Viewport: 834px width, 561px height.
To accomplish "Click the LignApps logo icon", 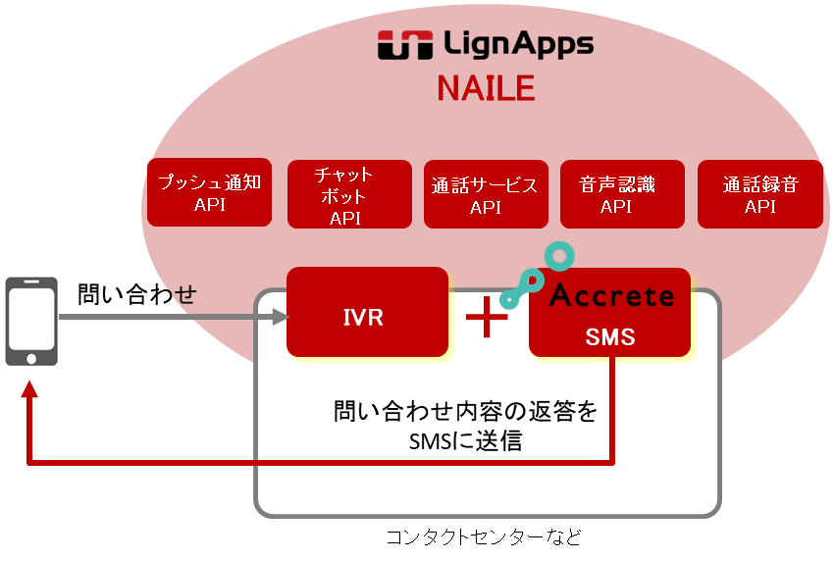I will (x=400, y=45).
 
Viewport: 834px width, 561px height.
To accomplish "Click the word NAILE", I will (x=485, y=88).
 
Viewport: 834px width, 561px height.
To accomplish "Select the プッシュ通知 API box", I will (x=209, y=192).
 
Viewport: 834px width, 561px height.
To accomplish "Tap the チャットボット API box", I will (x=348, y=195).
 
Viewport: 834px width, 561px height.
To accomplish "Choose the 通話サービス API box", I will (x=485, y=194).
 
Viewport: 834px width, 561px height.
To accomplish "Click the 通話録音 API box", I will (x=759, y=194).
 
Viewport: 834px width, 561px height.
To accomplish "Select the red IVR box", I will (x=367, y=312).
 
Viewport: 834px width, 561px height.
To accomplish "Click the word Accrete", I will (x=611, y=295).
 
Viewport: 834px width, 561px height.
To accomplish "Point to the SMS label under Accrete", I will (x=609, y=337).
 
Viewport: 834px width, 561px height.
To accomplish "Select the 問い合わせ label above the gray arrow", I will (x=137, y=292).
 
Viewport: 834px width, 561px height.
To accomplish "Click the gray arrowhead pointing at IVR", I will (x=281, y=317).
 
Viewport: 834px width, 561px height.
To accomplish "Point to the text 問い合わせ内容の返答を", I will (x=464, y=410).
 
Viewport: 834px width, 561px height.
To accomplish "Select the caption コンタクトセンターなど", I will (x=483, y=536).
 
